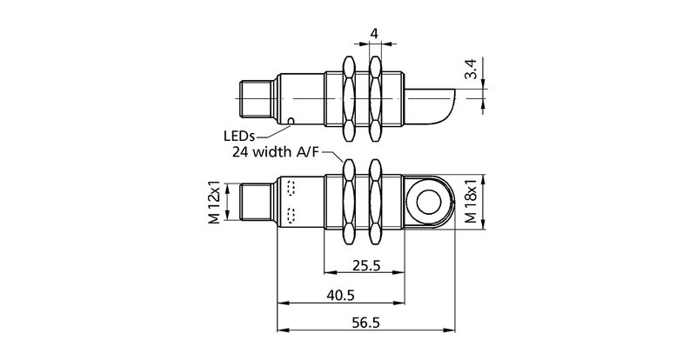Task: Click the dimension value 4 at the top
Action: coord(374,34)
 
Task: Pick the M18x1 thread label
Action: coord(471,204)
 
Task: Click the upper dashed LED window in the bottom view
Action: coord(290,189)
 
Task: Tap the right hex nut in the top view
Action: coord(376,98)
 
